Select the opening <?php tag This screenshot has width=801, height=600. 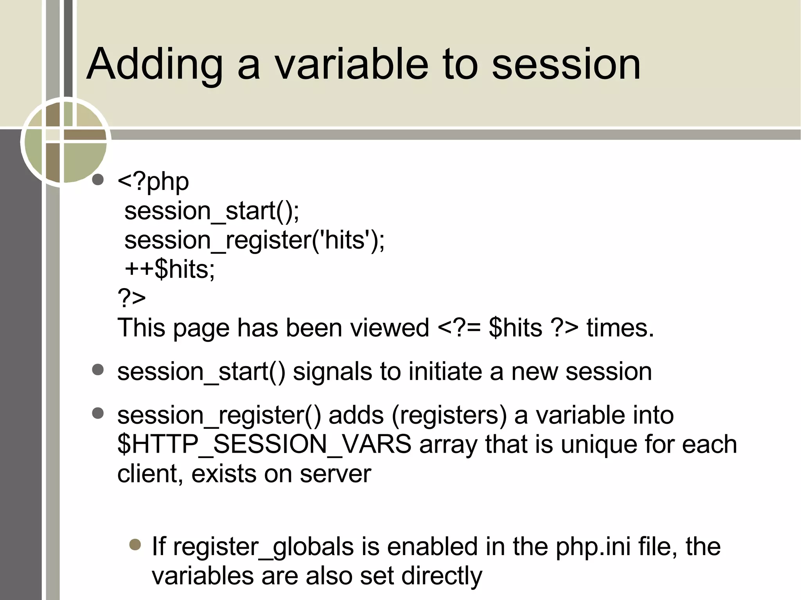coord(153,182)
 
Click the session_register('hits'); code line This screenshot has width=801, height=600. coord(254,240)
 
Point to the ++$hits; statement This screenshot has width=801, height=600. coord(170,269)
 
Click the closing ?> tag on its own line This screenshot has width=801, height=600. coord(131,298)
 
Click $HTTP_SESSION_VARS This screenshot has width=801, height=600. coord(264,444)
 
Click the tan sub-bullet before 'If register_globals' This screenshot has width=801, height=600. coord(135,544)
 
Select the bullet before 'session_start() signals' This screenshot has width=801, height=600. coord(98,369)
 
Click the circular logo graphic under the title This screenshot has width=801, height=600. coord(65,141)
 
